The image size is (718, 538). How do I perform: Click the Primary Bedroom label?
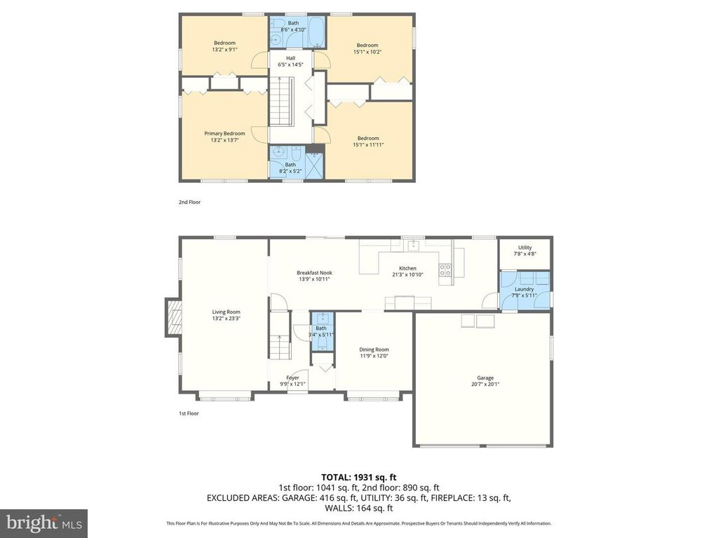pos(224,133)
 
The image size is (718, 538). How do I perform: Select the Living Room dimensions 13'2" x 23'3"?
pos(226,319)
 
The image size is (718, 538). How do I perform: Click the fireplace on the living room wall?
pos(173,316)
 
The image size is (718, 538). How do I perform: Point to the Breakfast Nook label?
pos(314,273)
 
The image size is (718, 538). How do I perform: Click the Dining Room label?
pos(374,349)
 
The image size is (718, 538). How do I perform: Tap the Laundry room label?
pos(524,289)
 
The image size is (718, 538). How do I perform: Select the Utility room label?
pos(524,247)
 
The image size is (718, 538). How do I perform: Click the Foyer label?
pos(292,378)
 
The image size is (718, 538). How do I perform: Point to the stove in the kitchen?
pos(445,270)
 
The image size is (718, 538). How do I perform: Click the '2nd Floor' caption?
pos(189,202)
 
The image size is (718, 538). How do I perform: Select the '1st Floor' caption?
pos(189,413)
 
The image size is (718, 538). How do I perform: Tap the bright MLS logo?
pos(43,523)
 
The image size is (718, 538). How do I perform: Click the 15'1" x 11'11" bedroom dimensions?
pos(368,145)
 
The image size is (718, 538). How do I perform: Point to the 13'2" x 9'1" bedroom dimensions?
pos(224,49)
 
